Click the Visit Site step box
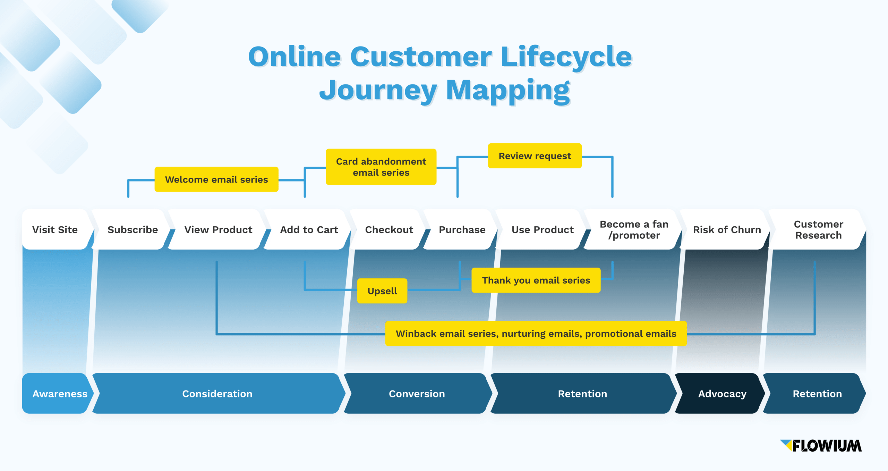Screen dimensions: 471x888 (x=55, y=229)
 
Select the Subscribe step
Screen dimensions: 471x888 (x=133, y=229)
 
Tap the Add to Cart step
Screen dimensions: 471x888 (x=309, y=229)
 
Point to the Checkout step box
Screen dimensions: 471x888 (x=389, y=229)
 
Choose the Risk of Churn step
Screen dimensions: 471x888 (x=726, y=229)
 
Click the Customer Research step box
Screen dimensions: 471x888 (x=818, y=229)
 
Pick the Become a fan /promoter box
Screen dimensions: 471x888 (x=633, y=229)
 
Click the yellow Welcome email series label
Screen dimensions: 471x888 (x=216, y=179)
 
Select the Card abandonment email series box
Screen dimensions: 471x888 (x=381, y=167)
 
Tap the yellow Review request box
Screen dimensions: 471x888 (x=535, y=156)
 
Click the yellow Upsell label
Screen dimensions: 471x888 (x=382, y=291)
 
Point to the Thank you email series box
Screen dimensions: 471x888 (x=536, y=280)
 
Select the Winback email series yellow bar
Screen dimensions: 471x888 (x=536, y=334)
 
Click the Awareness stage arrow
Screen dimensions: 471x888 (x=59, y=394)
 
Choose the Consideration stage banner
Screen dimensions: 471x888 (x=217, y=394)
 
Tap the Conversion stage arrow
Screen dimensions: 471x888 (x=417, y=394)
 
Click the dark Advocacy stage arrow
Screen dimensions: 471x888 (x=722, y=394)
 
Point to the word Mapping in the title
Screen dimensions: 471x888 (x=507, y=90)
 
